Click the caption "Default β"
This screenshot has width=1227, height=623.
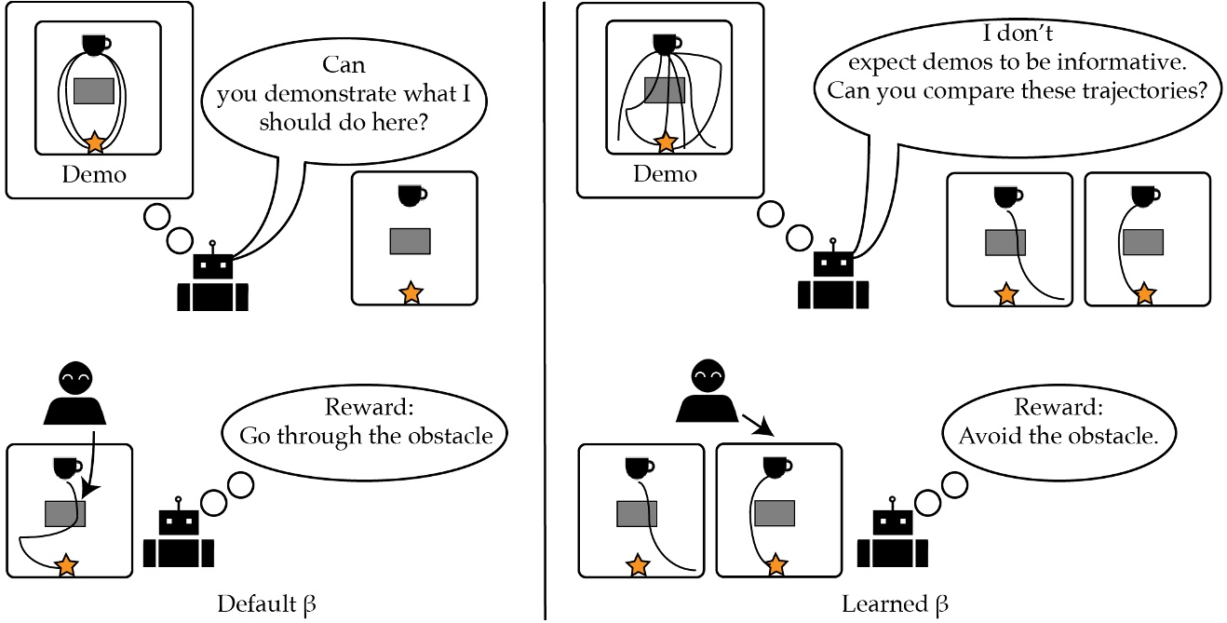click(266, 603)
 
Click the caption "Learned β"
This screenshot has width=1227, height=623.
click(895, 603)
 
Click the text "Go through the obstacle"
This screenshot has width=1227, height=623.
click(366, 435)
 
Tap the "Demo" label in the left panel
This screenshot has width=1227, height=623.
click(93, 174)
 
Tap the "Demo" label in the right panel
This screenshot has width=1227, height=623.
click(665, 174)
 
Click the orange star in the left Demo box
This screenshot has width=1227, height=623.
click(94, 142)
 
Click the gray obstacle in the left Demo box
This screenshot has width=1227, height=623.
click(93, 90)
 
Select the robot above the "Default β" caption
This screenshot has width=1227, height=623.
click(179, 539)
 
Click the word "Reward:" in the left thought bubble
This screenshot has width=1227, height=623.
click(366, 408)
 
